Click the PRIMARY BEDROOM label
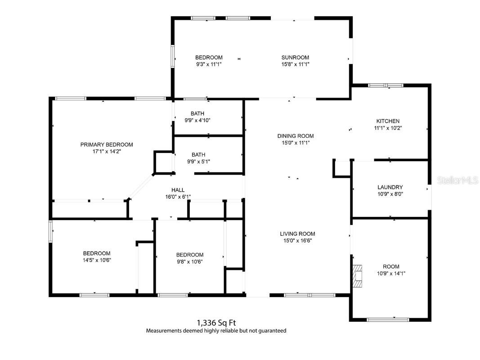(x=107, y=144)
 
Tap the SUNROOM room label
(x=295, y=57)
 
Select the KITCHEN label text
(x=388, y=121)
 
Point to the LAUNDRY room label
(x=390, y=187)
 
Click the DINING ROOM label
(x=295, y=136)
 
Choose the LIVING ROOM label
(x=297, y=234)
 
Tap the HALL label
(x=178, y=190)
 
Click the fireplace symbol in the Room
(x=358, y=275)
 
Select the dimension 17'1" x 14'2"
(x=107, y=152)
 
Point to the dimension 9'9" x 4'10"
(x=197, y=120)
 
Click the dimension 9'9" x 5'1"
(x=197, y=161)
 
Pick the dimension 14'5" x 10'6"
(x=96, y=260)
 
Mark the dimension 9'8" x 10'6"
(x=190, y=261)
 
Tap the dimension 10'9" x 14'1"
(x=391, y=273)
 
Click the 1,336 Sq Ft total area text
(x=216, y=322)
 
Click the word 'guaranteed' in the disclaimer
(x=270, y=330)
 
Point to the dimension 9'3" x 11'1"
(x=209, y=64)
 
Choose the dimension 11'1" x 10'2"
(x=388, y=128)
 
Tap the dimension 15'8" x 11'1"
(x=295, y=64)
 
